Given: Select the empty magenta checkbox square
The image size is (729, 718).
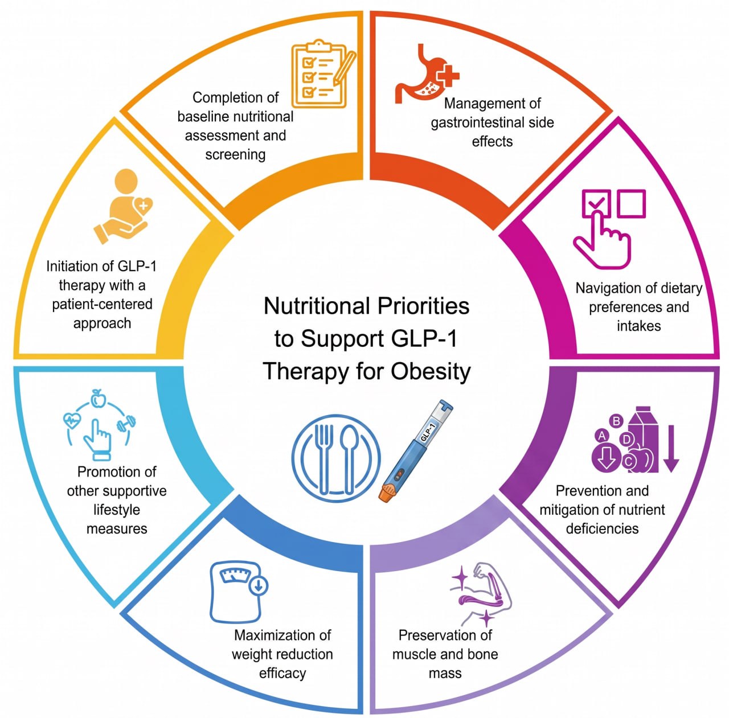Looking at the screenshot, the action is tap(631, 203).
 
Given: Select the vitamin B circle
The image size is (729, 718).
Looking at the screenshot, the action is tap(616, 421).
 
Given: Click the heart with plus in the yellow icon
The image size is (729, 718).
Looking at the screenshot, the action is tap(143, 207).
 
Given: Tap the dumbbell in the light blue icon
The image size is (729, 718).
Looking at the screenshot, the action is tap(126, 424).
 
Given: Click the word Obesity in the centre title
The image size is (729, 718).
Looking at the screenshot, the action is tap(431, 371).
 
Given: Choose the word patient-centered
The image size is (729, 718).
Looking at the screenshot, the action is tap(102, 304).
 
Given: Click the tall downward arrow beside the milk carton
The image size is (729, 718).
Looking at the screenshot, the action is tap(671, 448).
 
